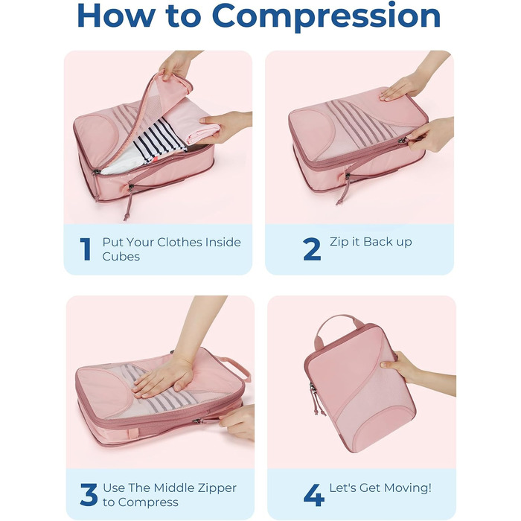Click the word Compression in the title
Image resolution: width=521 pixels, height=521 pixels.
[326, 16]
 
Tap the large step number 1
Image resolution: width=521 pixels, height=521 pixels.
[86, 249]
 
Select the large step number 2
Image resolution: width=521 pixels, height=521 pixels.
[312, 249]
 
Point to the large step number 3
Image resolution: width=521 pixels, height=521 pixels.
[89, 494]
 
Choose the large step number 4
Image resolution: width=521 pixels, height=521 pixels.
[314, 495]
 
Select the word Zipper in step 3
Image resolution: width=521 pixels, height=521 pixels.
[217, 488]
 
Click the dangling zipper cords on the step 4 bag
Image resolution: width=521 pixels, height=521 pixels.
[315, 400]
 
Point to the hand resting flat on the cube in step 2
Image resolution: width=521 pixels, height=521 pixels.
[401, 88]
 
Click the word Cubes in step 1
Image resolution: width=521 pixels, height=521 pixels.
[121, 256]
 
